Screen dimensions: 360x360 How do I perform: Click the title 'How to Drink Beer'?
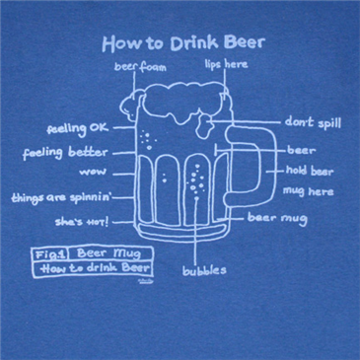tap(183, 43)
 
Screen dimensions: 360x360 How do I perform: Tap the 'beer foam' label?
tap(140, 67)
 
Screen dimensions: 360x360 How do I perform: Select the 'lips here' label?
tap(226, 64)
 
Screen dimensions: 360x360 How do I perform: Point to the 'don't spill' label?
tap(313, 122)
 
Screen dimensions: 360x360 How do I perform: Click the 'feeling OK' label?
tap(77, 128)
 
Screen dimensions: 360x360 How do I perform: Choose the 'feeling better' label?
tap(65, 153)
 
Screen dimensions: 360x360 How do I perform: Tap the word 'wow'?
tap(93, 172)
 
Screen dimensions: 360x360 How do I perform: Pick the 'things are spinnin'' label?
tap(62, 198)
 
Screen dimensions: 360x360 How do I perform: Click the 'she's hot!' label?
tap(82, 222)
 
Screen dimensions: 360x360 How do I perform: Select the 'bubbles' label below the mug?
tap(204, 270)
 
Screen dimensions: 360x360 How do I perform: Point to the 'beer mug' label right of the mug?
tap(277, 218)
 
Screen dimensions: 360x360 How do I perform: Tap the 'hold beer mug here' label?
tap(310, 180)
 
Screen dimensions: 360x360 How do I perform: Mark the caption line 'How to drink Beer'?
tap(96, 268)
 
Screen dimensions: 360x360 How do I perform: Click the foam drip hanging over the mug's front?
tap(204, 125)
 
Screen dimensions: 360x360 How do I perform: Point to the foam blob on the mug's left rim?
tap(130, 106)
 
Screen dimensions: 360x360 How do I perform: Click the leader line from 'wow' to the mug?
tap(124, 174)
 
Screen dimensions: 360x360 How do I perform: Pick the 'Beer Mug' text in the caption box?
tap(108, 253)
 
